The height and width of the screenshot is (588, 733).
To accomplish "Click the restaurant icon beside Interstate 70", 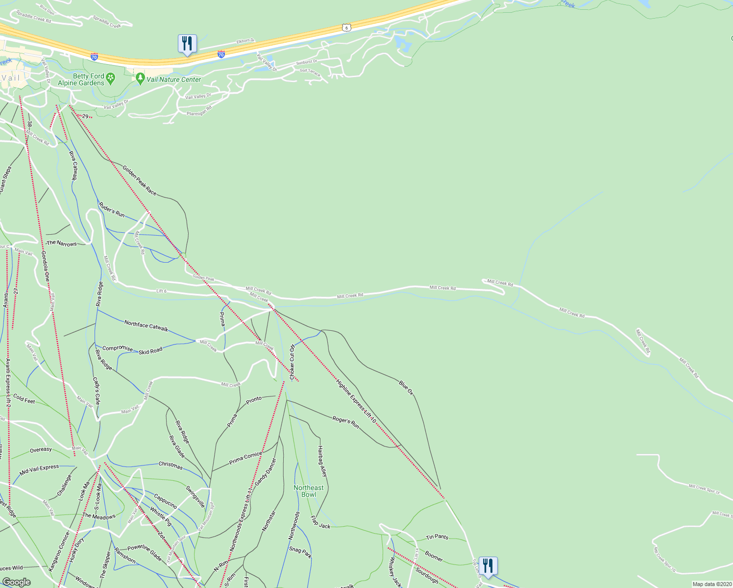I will coord(187,44).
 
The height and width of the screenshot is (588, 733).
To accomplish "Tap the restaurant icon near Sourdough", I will coord(488,566).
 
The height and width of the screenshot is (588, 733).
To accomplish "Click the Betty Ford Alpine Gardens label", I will coord(81,79).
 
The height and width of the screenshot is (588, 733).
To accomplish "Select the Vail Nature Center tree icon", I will coord(140,78).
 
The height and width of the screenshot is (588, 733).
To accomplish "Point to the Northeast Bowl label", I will coord(309,491).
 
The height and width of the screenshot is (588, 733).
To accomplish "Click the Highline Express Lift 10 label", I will coord(356,401).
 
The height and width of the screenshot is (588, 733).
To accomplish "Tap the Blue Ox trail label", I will coord(406,388).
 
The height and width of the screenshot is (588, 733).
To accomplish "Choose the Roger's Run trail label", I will coord(346,422).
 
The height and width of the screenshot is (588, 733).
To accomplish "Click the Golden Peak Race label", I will coord(140,181).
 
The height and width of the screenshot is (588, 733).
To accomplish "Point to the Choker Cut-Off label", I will coord(292,362).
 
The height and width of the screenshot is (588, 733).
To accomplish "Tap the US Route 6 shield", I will coord(346,28).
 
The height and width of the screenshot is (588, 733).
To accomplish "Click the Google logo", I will coord(16,582).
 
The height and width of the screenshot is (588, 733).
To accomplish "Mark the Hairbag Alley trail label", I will coord(322,461).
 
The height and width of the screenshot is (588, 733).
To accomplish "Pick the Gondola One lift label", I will coord(45,267).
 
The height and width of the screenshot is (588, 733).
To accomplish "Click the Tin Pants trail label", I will coord(437,537).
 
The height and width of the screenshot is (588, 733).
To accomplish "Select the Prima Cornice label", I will coord(245,458).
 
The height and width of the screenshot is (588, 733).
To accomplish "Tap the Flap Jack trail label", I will coord(320,522).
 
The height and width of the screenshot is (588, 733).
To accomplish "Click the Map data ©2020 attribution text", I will coord(710,584).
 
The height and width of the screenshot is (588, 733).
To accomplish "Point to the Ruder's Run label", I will coord(112,210).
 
